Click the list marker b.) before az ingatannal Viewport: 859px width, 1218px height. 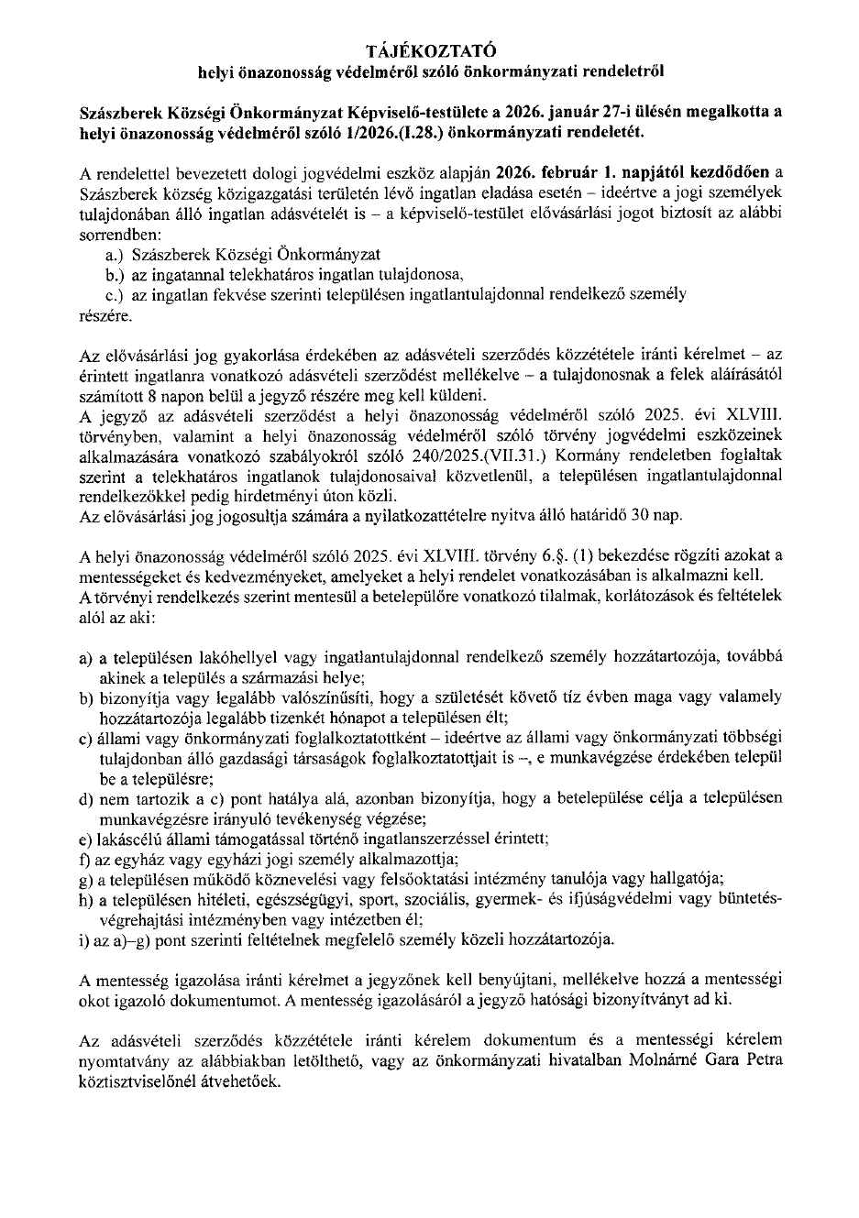click(116, 274)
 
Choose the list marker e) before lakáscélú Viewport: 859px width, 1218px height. click(87, 839)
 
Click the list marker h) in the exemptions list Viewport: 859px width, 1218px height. click(87, 899)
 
